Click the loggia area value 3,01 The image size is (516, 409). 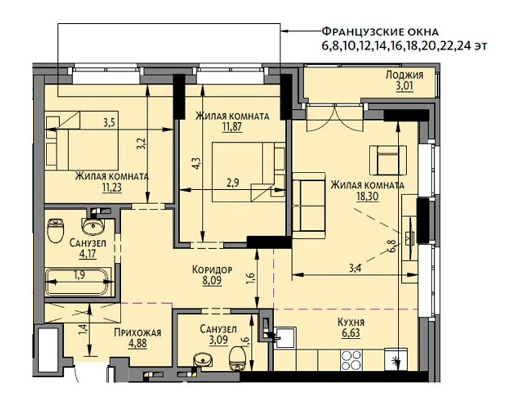(x=404, y=87)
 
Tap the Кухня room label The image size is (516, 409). (x=351, y=322)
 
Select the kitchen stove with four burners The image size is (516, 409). (x=352, y=360)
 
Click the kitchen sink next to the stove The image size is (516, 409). (x=286, y=337)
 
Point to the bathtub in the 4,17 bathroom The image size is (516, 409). (x=78, y=282)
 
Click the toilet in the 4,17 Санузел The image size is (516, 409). (x=55, y=230)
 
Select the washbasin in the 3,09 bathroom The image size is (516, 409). (x=204, y=359)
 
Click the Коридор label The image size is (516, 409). (x=212, y=269)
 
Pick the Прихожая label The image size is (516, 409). (x=137, y=333)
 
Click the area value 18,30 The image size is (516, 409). (x=367, y=196)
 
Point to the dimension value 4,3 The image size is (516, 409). (x=196, y=163)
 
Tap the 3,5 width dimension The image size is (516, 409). (x=109, y=123)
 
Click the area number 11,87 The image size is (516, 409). (x=232, y=127)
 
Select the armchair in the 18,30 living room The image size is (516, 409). (x=388, y=160)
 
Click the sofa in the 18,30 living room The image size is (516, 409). (x=309, y=205)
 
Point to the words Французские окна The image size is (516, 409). (x=380, y=32)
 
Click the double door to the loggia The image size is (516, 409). (x=334, y=118)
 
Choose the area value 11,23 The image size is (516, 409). (x=112, y=187)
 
